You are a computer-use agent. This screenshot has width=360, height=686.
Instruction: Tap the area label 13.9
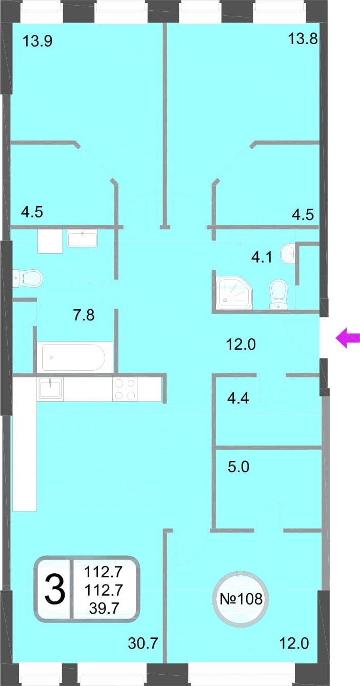point(37,41)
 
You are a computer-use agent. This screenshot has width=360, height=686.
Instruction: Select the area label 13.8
point(303,39)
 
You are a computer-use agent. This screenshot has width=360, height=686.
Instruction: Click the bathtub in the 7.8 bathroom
point(73,357)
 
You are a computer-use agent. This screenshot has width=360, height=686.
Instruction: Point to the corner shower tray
point(234,292)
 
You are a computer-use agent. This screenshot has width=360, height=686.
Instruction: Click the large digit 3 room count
point(55,590)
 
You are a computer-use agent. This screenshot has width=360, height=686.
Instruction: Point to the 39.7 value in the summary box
point(104,609)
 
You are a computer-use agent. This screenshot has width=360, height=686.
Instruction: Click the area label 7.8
point(84,315)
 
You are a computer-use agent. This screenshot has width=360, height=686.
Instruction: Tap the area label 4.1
point(262,257)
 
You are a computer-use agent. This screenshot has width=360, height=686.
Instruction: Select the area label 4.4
point(238,398)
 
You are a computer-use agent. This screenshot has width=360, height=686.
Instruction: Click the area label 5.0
point(238,467)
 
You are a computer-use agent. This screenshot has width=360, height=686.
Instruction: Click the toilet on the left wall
point(27,278)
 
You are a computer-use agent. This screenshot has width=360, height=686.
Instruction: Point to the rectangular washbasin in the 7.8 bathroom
point(83,239)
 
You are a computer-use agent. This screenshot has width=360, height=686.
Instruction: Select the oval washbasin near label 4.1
point(287,253)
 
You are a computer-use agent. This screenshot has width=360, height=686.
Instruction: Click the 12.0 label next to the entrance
point(241,345)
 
